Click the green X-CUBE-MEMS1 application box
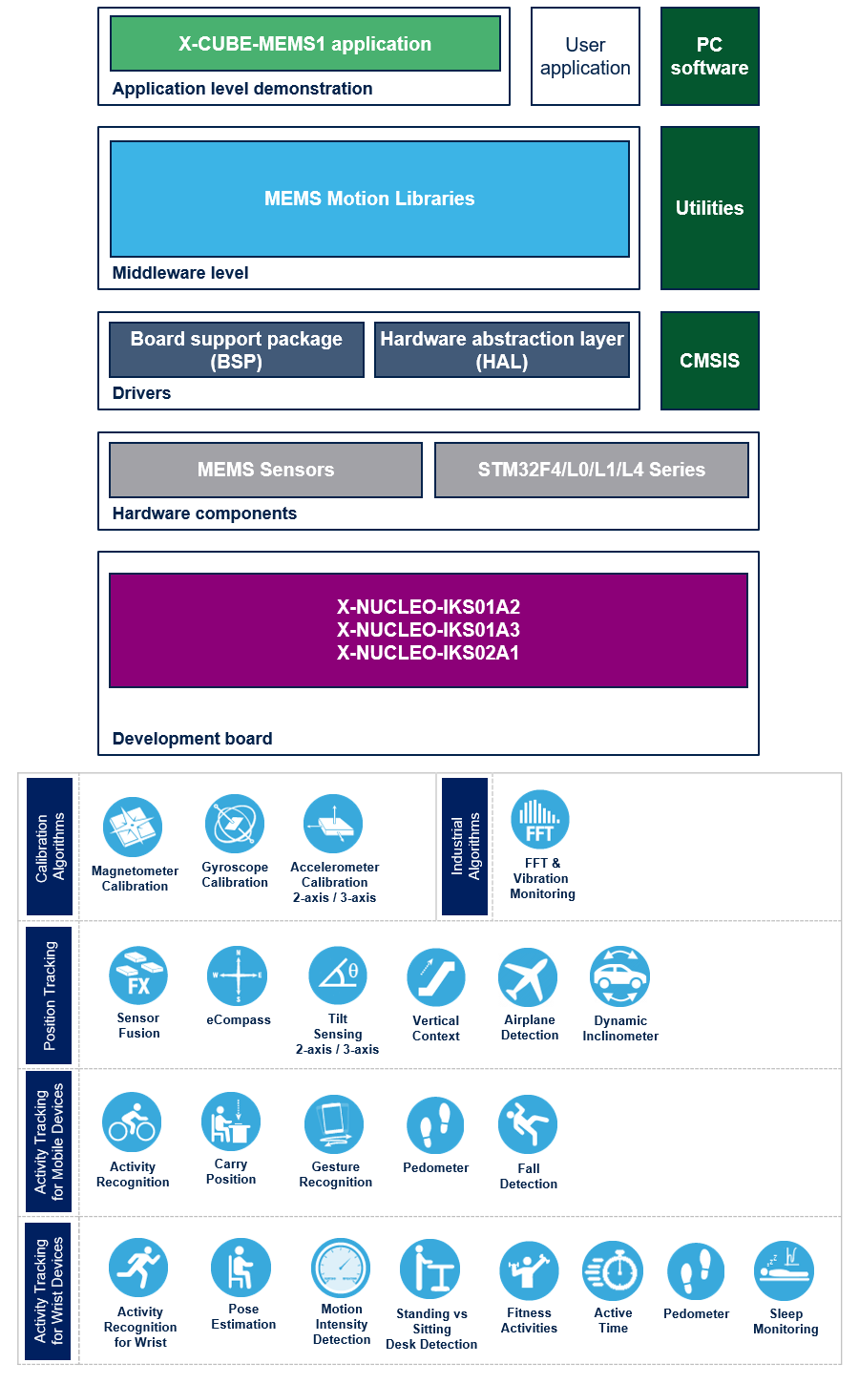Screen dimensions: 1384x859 [x=305, y=44]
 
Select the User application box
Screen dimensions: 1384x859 [x=585, y=56]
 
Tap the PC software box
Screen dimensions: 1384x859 [x=709, y=56]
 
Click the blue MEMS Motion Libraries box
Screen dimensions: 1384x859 [x=369, y=199]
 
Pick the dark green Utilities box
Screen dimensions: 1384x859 [x=709, y=208]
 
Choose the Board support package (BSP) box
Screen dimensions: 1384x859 [x=237, y=350]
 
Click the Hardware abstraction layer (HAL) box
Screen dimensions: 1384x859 [x=502, y=350]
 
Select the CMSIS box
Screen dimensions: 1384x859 [x=709, y=361]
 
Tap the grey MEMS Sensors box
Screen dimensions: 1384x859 [x=265, y=470]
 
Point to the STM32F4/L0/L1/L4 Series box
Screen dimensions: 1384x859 [x=591, y=470]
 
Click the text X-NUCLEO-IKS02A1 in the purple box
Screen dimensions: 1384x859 [x=429, y=653]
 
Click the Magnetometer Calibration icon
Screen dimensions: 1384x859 [x=134, y=827]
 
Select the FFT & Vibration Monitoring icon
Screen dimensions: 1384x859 [x=540, y=820]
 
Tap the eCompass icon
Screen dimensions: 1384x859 [x=238, y=975]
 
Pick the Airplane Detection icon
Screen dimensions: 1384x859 [x=528, y=977]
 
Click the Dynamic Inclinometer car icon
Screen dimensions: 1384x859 [x=620, y=976]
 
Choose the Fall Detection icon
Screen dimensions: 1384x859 [x=528, y=1125]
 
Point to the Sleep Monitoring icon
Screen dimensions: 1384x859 [x=785, y=1270]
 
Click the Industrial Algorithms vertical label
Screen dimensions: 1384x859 [x=466, y=846]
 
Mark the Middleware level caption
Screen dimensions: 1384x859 [x=180, y=273]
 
